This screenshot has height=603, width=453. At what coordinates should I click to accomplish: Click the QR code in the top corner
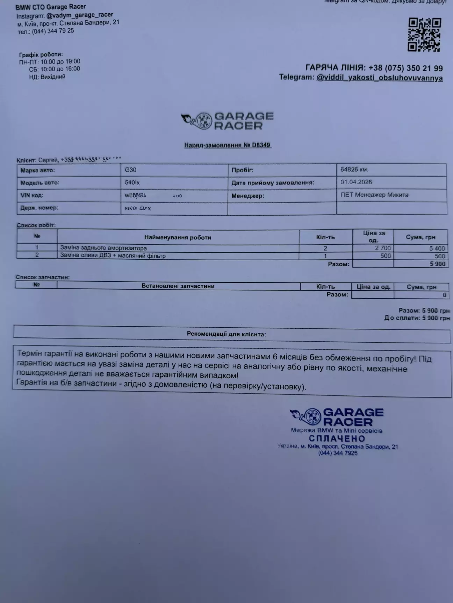(425, 35)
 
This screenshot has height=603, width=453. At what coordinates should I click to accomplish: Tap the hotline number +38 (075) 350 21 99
(405, 68)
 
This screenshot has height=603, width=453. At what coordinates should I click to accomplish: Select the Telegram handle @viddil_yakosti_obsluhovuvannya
(379, 78)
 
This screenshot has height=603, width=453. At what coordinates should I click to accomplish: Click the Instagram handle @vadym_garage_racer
(80, 15)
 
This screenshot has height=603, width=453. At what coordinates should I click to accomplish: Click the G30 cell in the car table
(131, 170)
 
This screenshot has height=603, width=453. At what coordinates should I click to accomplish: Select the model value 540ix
(132, 183)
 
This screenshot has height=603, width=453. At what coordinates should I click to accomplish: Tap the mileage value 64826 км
(354, 170)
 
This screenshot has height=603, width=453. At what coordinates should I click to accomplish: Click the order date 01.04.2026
(356, 182)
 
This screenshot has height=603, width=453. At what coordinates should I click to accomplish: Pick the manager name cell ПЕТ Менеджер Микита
(374, 195)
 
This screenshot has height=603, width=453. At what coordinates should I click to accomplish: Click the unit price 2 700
(383, 248)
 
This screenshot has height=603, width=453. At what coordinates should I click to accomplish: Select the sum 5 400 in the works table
(437, 248)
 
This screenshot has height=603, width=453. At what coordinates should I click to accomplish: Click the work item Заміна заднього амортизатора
(103, 248)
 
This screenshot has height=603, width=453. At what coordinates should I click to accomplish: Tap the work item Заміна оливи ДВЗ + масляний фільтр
(113, 256)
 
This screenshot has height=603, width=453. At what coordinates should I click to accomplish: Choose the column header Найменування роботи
(178, 237)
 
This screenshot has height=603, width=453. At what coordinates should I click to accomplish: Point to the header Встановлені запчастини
(178, 286)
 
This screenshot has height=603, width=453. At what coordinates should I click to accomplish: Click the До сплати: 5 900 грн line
(417, 318)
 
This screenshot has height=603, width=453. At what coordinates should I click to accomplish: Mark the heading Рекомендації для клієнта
(226, 334)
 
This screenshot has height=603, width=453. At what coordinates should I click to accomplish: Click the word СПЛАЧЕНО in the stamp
(337, 439)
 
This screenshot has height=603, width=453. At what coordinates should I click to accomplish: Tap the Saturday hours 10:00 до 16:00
(60, 69)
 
